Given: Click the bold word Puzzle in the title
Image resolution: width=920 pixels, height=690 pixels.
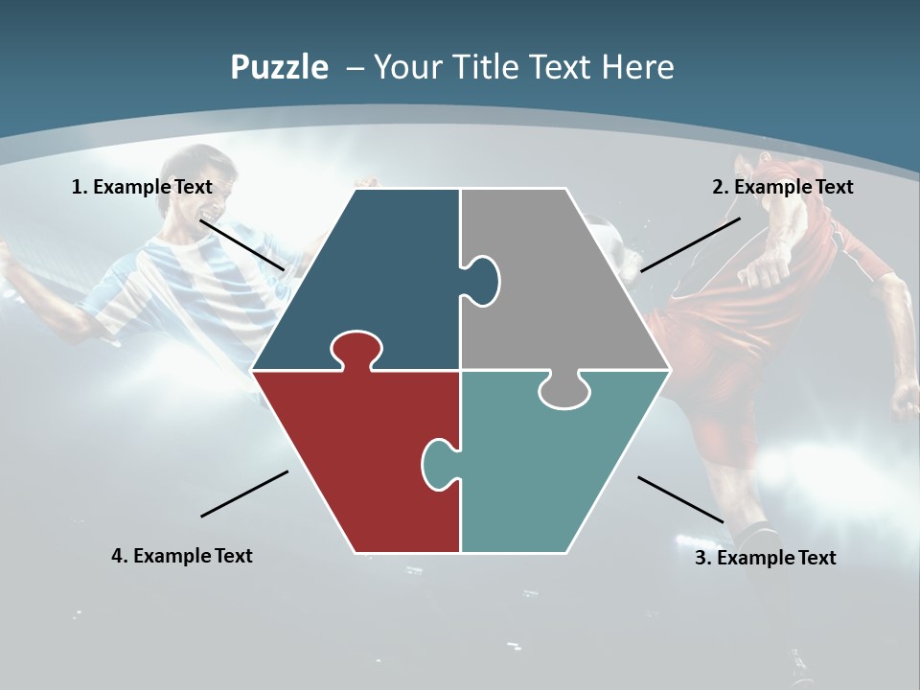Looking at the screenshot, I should pos(279,67).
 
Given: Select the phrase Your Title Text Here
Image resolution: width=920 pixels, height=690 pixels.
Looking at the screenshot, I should pos(523,67).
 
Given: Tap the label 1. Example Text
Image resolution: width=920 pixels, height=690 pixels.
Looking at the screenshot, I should pos(142,187).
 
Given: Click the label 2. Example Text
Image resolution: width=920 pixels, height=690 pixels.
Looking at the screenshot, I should pos(782,187).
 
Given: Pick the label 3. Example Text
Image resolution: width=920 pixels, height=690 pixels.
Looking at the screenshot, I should pos(765,558).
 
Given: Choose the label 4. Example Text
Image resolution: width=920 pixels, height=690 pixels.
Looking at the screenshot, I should pos(182,556).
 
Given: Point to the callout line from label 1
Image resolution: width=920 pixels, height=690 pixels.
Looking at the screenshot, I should pos(241,244).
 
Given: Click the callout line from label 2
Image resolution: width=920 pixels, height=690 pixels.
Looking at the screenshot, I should pos(690,244).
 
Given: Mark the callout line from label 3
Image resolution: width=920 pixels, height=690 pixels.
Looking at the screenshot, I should pos(680,499).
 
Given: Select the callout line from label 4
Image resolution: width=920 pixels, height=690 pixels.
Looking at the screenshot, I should pos(244,494).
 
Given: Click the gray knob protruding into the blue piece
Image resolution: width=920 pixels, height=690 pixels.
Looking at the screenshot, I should pos(482,280).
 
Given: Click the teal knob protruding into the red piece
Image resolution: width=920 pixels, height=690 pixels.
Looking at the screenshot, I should pos(439,462).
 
